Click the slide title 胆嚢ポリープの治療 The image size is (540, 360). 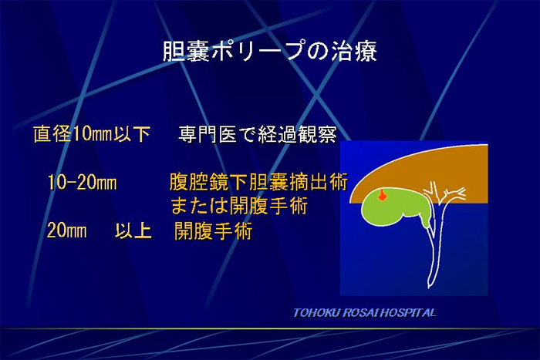click(270, 52)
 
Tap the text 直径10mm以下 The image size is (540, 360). click(92, 133)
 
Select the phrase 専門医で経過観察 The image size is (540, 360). click(257, 134)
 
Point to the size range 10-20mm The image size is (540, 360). click(82, 182)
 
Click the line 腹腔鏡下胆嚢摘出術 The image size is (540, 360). click(258, 182)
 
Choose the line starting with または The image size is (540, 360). click(239, 206)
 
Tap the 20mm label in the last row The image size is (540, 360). click(67, 230)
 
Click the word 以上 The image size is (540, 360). click(133, 230)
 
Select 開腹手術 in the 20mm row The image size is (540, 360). click(214, 230)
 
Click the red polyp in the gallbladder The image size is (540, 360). click(382, 195)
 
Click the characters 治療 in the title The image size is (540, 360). click(354, 52)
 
